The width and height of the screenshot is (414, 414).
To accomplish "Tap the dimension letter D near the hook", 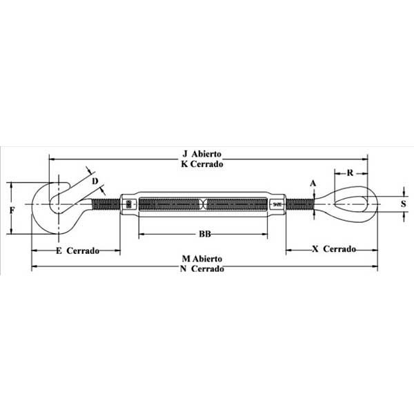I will (x=95, y=181).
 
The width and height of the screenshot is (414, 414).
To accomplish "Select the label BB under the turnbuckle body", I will (x=204, y=234).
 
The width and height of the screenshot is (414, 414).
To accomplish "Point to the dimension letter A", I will (x=313, y=183).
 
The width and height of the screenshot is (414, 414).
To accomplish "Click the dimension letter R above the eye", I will (x=351, y=172).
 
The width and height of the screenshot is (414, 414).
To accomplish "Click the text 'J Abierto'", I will (x=206, y=154).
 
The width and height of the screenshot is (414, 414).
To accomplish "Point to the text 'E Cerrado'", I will (x=77, y=250).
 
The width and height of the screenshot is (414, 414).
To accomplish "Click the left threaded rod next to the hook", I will (x=107, y=204).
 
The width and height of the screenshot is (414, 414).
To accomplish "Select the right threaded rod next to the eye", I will (x=299, y=204).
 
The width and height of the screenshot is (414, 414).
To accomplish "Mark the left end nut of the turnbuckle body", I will (x=130, y=204).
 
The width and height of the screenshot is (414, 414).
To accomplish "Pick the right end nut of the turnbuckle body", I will (x=277, y=204).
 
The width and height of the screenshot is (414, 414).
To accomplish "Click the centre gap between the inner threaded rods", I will (x=204, y=204).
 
